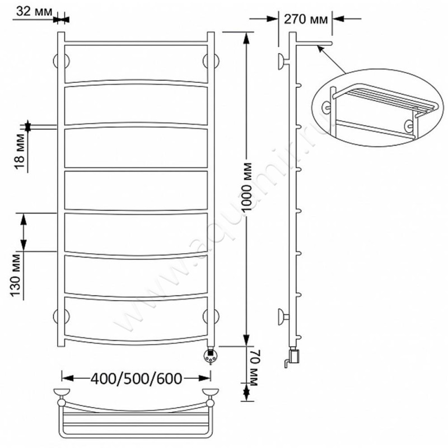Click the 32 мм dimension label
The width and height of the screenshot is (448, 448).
[34, 12]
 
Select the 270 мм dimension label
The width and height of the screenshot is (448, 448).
[306, 20]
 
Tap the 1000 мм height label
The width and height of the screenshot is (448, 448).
[246, 187]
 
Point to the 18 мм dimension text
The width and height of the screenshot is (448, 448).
[20, 151]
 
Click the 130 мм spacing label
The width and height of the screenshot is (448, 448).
[16, 276]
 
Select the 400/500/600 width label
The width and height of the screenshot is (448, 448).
[136, 379]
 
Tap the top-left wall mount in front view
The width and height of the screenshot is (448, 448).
[61, 61]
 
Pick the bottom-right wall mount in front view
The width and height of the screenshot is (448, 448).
[211, 317]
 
